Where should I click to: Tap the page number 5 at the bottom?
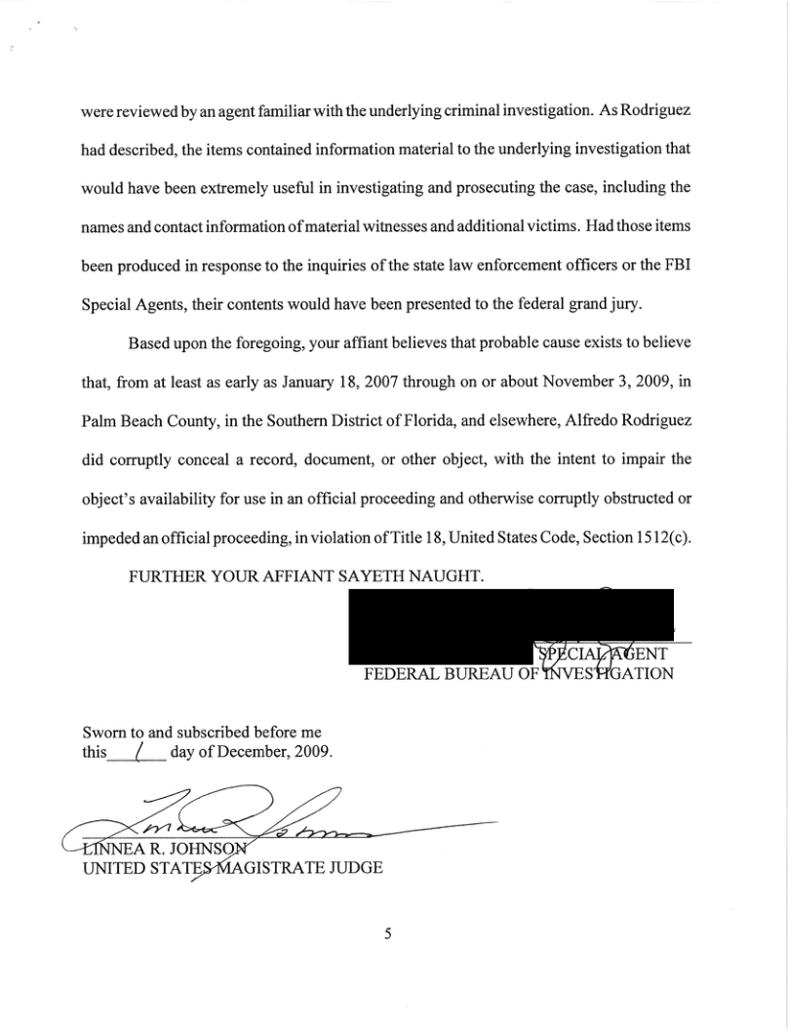click(x=387, y=933)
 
